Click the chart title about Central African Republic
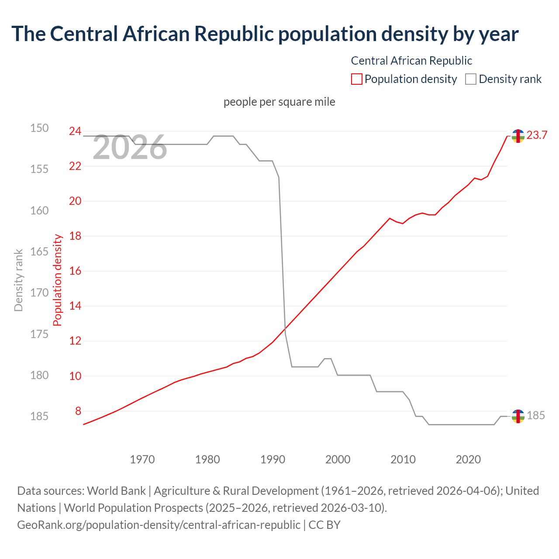pos(265,34)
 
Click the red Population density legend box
pos(356,79)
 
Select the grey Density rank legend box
pos(470,79)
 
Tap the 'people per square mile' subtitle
pos(279,102)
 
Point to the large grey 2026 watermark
pos(130,148)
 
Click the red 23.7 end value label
pos(537,135)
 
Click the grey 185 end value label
pos(535,415)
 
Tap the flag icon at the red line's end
pos(518,136)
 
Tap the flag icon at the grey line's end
pos(518,416)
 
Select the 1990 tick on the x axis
pos(273,459)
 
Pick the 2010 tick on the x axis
pos(403,459)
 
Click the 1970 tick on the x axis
pos(142,459)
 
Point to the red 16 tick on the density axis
pos(75,271)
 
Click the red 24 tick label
pos(75,131)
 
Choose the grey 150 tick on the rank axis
pos(39,128)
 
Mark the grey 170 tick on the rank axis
pos(39,293)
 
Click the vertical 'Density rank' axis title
pos(18,280)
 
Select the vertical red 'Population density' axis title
pos(58,280)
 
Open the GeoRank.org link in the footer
pos(159,524)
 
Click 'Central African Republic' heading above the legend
pos(411,61)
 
